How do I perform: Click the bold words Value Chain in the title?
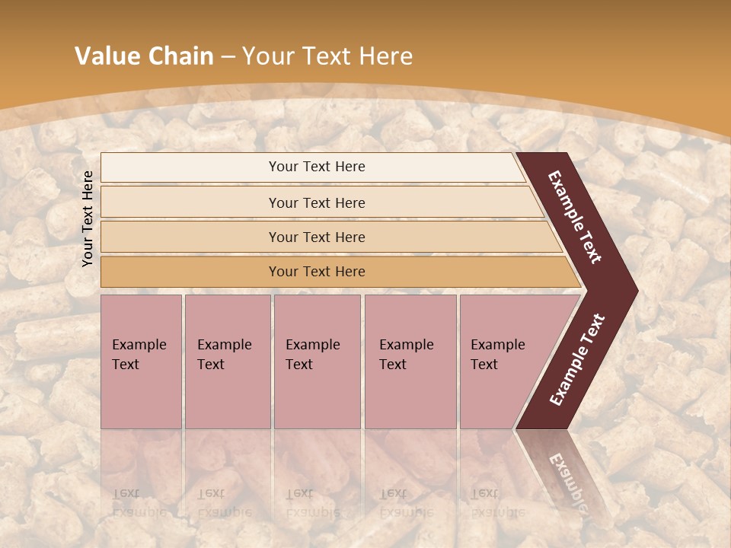pyautogui.click(x=144, y=56)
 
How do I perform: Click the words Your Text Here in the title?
pyautogui.click(x=327, y=56)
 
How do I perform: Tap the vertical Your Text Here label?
pyautogui.click(x=88, y=218)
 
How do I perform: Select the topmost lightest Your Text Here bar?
pyautogui.click(x=316, y=167)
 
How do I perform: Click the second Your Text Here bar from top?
pyautogui.click(x=316, y=202)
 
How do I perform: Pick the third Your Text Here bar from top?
pyautogui.click(x=316, y=237)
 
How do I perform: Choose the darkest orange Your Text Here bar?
pyautogui.click(x=316, y=272)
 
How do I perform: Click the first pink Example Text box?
pyautogui.click(x=142, y=362)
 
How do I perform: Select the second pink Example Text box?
pyautogui.click(x=228, y=362)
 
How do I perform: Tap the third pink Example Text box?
pyautogui.click(x=317, y=362)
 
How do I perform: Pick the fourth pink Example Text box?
pyautogui.click(x=410, y=362)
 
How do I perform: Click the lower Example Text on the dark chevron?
pyautogui.click(x=577, y=360)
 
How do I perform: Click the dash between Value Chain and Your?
pyautogui.click(x=228, y=57)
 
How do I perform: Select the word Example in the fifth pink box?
pyautogui.click(x=498, y=345)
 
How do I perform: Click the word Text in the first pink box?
pyautogui.click(x=126, y=365)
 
